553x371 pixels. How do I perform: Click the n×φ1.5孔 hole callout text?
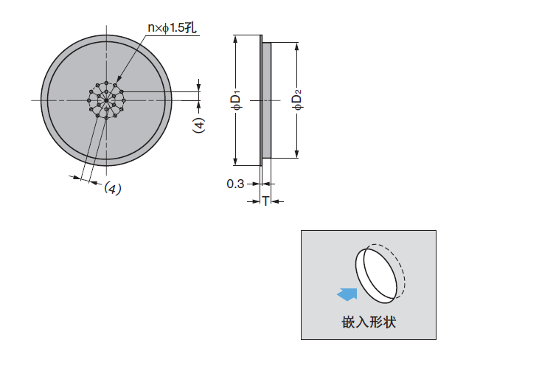[x=172, y=28]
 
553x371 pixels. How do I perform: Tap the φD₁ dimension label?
[x=237, y=100]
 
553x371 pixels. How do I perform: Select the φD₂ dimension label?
[x=298, y=100]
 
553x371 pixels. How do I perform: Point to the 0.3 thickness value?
[x=235, y=184]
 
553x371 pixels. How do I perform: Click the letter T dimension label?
[x=265, y=201]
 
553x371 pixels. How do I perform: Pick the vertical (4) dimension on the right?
[x=199, y=125]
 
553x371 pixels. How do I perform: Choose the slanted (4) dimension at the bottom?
[x=113, y=188]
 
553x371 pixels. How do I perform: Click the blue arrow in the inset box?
[x=347, y=294]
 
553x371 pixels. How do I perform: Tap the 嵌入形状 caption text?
[x=369, y=322]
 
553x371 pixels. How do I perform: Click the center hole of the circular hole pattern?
[x=106, y=100]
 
